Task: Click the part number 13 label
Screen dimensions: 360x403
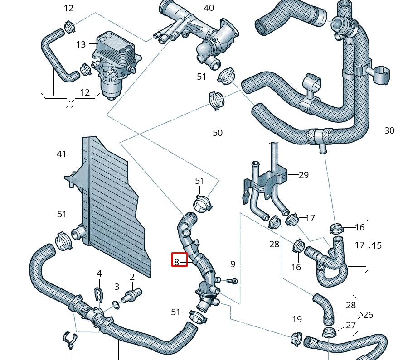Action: click(81, 44)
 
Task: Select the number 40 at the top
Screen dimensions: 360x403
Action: click(209, 8)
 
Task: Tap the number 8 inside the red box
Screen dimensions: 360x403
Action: click(177, 261)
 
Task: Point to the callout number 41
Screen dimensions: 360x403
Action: click(62, 154)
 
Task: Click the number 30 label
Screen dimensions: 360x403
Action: click(389, 130)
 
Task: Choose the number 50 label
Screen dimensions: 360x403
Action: click(218, 133)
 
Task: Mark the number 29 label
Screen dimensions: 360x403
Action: click(303, 175)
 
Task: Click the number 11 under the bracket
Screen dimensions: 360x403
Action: click(70, 109)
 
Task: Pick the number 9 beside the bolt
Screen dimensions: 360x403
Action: click(233, 264)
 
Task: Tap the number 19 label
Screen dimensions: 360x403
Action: click(296, 320)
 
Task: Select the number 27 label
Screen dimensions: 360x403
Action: click(351, 325)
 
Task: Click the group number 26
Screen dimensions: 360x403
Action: click(368, 315)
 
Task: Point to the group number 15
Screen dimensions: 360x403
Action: click(376, 245)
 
